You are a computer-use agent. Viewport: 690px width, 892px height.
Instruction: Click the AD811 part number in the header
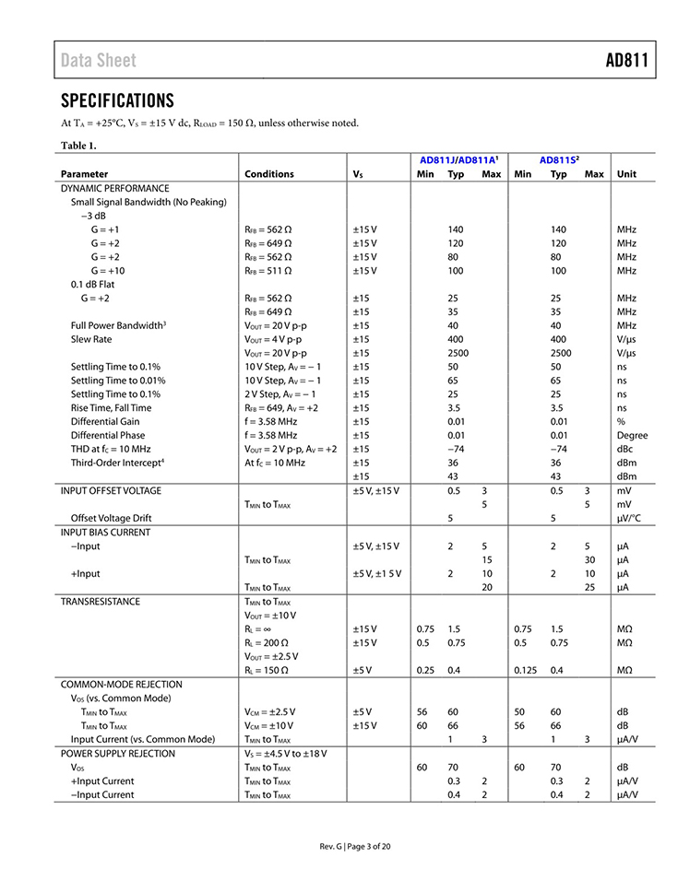click(x=626, y=61)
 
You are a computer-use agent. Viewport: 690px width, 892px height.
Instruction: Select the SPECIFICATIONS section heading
click(x=117, y=100)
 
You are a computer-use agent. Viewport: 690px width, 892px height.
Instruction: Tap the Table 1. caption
click(x=78, y=146)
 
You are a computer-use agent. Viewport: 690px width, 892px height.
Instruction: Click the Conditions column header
click(x=269, y=174)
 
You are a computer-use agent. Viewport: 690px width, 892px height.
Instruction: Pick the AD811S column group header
click(x=559, y=159)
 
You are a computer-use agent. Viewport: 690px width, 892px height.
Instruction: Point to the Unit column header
click(x=626, y=174)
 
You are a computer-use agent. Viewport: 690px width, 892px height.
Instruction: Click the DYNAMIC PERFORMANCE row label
click(x=115, y=188)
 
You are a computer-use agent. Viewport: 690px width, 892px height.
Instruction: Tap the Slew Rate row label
click(x=91, y=339)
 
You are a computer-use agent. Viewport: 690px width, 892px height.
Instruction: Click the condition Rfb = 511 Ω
click(x=268, y=270)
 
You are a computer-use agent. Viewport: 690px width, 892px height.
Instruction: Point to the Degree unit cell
click(x=632, y=435)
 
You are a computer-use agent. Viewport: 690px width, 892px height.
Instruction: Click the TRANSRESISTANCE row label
click(x=101, y=601)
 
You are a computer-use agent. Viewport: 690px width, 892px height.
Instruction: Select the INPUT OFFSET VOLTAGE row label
click(x=111, y=490)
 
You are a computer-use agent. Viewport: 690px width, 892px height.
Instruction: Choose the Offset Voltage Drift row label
click(x=111, y=518)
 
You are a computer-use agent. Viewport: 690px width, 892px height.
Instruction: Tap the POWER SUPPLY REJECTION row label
click(x=117, y=753)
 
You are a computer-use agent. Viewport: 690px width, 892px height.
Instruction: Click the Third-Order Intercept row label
click(x=117, y=463)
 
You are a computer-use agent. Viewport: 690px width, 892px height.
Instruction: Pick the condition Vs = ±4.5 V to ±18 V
click(x=286, y=753)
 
